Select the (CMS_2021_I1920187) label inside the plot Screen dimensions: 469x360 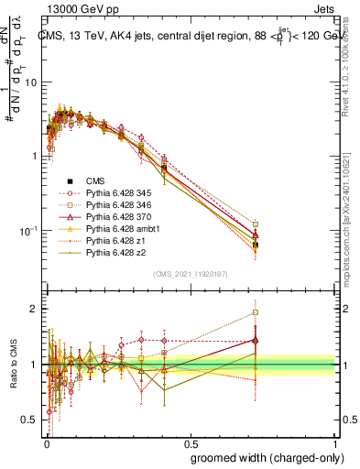click(191, 273)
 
